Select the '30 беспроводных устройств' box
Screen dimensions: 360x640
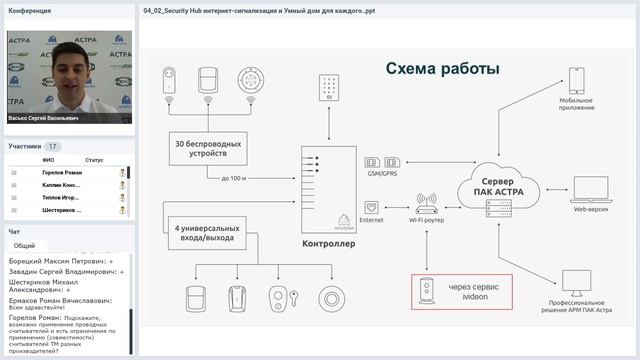207,150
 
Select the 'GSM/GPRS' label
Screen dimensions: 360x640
381,173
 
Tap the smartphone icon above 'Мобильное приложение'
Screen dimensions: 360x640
578,80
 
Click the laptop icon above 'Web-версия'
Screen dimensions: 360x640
589,187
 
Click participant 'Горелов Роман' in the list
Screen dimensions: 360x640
62,172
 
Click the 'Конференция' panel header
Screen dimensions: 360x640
30,11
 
